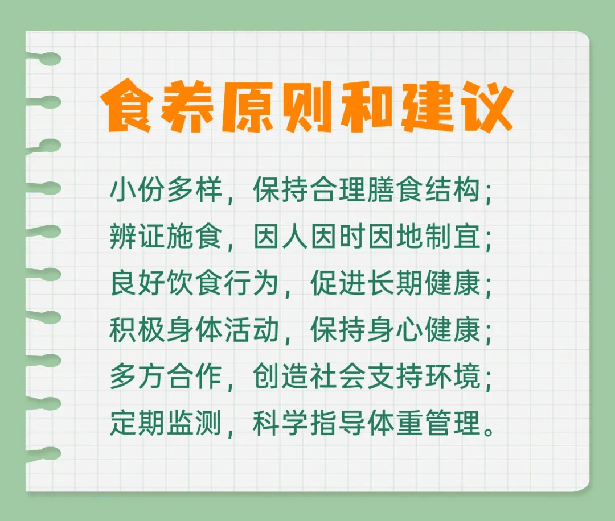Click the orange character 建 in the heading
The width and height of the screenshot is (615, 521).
426,106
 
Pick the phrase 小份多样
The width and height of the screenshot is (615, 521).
166,191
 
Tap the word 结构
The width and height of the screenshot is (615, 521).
452,191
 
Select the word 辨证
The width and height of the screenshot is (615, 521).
138,237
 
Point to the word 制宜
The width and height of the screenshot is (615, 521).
452,237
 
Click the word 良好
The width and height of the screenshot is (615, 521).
138,283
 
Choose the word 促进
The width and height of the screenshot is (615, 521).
338,283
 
